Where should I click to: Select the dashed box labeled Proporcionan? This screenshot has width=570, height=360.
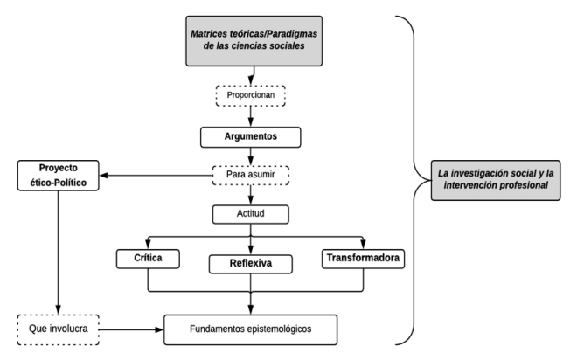click(x=252, y=93)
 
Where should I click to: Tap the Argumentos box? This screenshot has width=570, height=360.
click(x=252, y=137)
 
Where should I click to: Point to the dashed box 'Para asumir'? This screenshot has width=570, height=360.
click(x=252, y=176)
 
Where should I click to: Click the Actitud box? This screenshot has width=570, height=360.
click(x=252, y=213)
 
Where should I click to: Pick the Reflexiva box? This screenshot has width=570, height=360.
click(x=252, y=261)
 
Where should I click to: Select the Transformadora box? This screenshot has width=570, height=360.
click(x=362, y=259)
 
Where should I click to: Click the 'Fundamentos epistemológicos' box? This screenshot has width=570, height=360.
click(x=252, y=329)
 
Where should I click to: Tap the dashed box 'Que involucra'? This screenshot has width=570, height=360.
click(x=57, y=329)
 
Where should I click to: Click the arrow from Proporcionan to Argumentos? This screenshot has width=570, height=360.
click(x=252, y=114)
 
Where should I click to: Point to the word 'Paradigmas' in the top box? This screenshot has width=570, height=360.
click(x=285, y=32)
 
